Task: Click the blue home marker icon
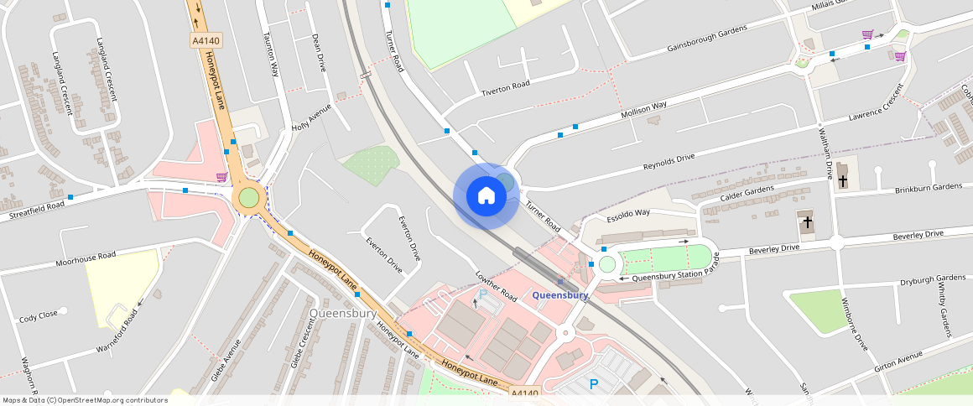click(486, 196)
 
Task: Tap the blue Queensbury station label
click(559, 295)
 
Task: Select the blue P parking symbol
click(594, 384)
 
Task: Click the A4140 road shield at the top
click(206, 39)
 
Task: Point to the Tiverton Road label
click(506, 86)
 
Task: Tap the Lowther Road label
click(496, 286)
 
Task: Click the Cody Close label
click(39, 315)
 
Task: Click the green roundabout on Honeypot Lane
click(249, 198)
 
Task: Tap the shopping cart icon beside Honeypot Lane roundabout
click(221, 177)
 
